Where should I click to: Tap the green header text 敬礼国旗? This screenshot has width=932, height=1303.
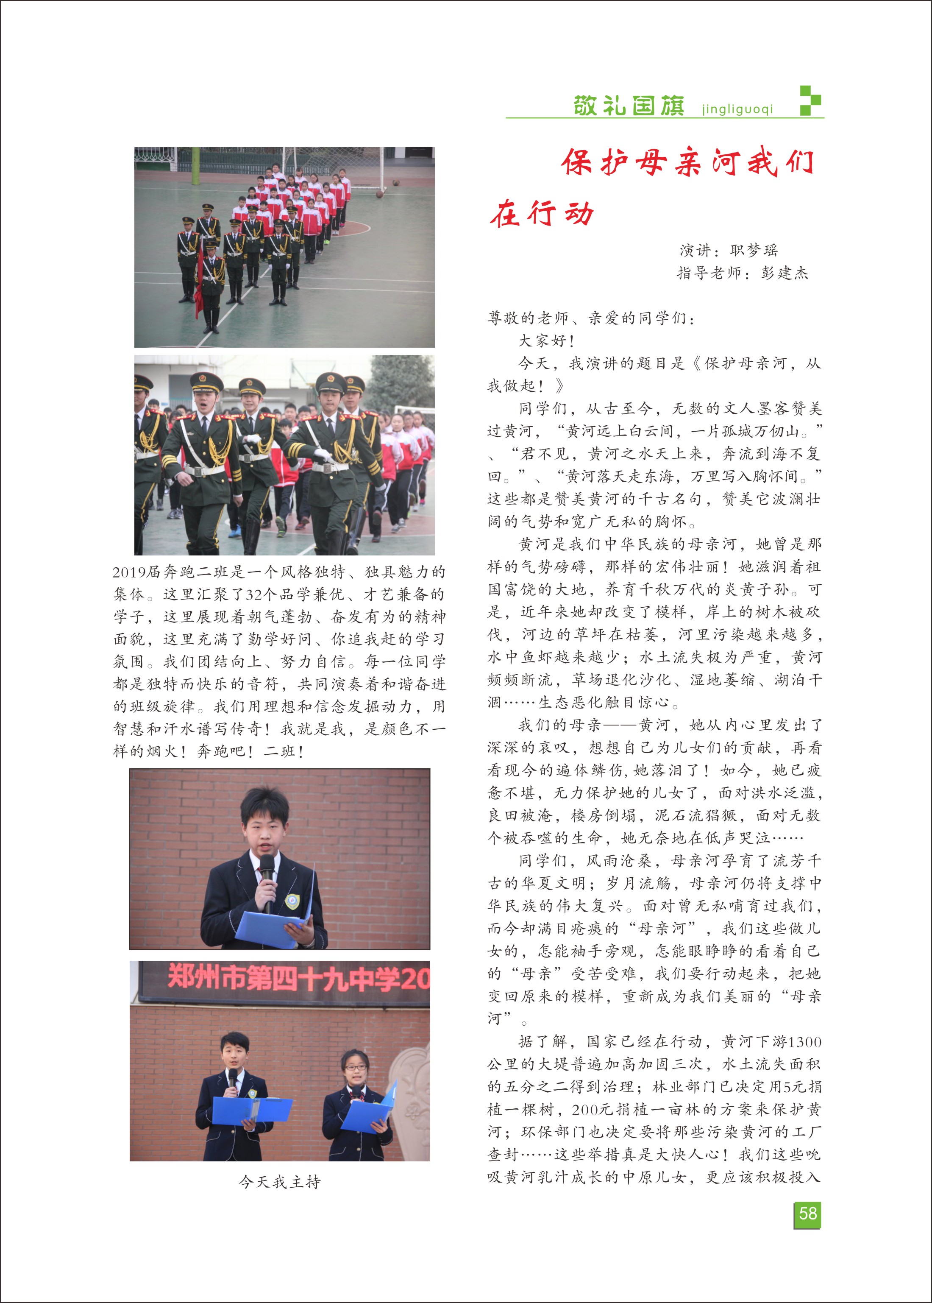[629, 106]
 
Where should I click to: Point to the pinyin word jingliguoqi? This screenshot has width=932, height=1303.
[737, 109]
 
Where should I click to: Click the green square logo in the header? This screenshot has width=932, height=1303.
[810, 101]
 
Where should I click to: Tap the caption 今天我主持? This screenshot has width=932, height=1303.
[279, 1182]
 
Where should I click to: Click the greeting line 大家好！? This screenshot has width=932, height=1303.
[546, 340]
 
